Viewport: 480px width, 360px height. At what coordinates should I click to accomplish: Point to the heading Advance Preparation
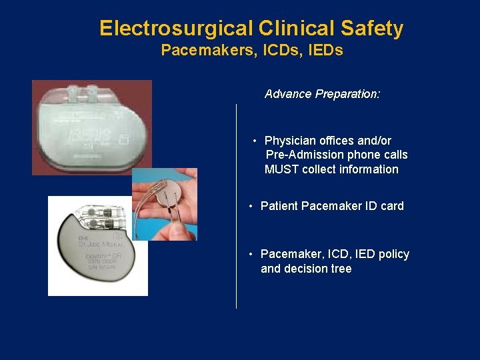tap(323, 94)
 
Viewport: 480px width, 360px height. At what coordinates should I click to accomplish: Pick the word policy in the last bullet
tap(393, 254)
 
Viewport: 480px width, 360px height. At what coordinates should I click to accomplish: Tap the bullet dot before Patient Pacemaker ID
tap(251, 206)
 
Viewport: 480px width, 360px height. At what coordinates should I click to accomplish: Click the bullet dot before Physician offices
tap(255, 141)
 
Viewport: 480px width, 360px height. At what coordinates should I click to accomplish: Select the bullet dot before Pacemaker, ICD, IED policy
tap(251, 254)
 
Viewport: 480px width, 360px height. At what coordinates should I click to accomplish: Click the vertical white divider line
tap(237, 207)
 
